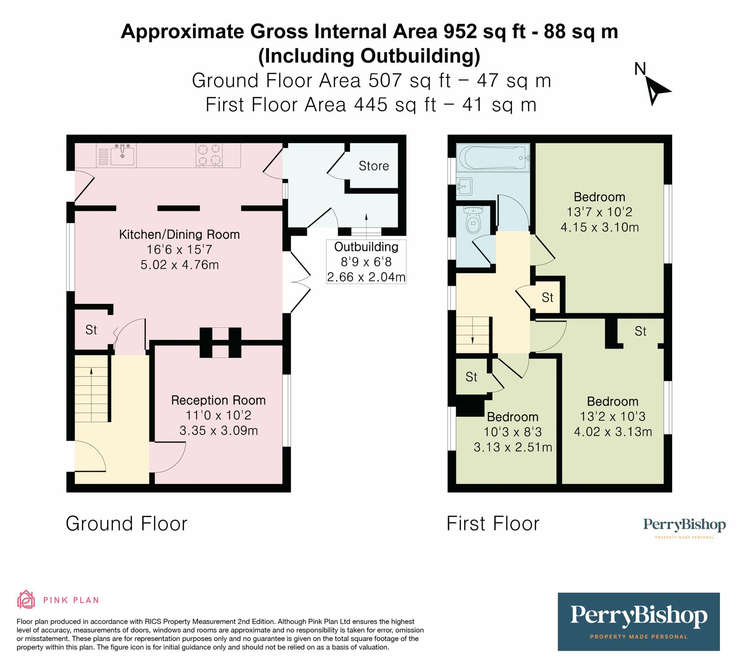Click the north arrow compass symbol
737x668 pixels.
click(656, 89)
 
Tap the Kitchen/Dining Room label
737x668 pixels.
click(179, 235)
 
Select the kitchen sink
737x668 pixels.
click(122, 155)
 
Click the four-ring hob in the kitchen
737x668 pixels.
click(209, 155)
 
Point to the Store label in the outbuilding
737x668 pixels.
click(374, 166)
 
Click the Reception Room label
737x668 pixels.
click(218, 401)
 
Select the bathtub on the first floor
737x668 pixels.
click(492, 158)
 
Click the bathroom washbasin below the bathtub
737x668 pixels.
click(464, 186)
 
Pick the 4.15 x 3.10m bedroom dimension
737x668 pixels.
click(599, 227)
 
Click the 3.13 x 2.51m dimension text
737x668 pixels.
click(513, 447)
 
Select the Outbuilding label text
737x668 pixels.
click(366, 247)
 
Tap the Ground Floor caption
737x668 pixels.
click(127, 524)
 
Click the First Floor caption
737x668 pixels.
click(493, 524)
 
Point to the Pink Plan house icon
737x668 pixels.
click(26, 599)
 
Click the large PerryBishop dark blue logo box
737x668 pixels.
click(638, 622)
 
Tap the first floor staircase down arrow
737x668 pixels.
click(473, 340)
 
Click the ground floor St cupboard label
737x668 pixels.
click(91, 330)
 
